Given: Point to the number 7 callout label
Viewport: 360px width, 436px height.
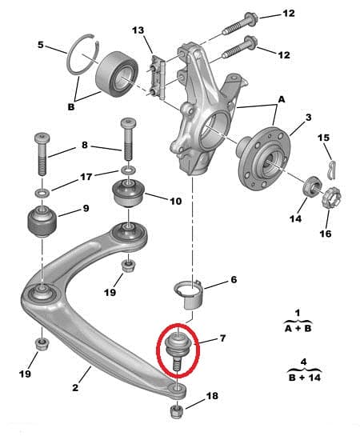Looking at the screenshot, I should point(222,339).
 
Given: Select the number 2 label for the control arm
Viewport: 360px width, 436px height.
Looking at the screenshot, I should point(74,389).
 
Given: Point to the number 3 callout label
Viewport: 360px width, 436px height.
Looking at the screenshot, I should point(309,118).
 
